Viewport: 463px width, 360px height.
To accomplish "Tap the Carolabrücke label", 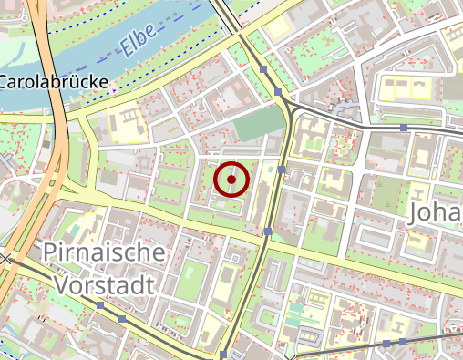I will pos(54,82).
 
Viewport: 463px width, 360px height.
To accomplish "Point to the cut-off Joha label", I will pos(437,212).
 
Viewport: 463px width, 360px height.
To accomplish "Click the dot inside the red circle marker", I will pos(231,180).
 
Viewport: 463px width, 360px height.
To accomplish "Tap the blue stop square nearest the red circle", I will pos(283,170).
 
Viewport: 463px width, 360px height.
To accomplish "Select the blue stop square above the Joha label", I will pos(404,128).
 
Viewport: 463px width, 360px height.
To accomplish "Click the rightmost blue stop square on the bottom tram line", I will pos(402,342).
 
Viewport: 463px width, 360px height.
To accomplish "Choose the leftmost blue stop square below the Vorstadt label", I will pos(99,304).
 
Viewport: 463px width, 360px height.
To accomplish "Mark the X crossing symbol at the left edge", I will pos(6,260).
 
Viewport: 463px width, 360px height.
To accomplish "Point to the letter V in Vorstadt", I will pos(62,283).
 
